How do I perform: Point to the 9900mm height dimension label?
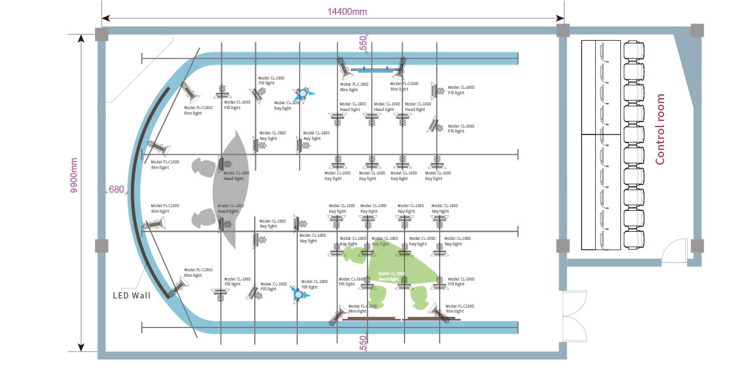click(x=73, y=176)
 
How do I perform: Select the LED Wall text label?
click(x=132, y=295)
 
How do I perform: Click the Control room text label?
click(x=660, y=129)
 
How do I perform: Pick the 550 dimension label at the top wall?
click(x=363, y=43)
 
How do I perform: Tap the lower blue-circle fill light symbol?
click(x=300, y=295)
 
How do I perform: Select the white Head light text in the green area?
click(x=392, y=276)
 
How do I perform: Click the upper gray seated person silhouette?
click(x=204, y=166)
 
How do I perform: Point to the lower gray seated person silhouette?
click(x=204, y=217)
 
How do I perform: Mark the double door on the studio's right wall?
click(x=576, y=316)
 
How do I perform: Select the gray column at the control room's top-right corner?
click(x=697, y=30)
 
